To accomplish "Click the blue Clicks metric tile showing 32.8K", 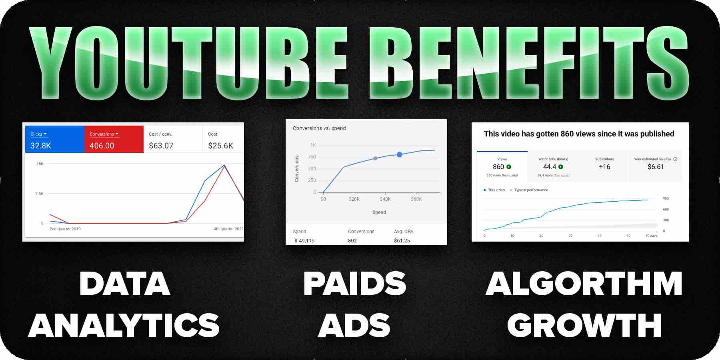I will (x=54, y=139).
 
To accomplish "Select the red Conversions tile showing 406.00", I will (x=114, y=139).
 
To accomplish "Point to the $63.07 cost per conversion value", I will (x=161, y=146).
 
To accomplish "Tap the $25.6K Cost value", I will (x=220, y=146).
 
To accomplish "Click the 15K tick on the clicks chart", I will (x=40, y=164).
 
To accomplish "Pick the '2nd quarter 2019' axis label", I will (x=65, y=229).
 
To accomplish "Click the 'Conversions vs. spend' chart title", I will (x=319, y=128).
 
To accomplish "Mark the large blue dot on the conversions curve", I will (x=399, y=154).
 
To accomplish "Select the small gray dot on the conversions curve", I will (x=375, y=158).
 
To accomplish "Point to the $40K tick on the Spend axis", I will (x=385, y=199).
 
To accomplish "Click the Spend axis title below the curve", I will (x=379, y=212).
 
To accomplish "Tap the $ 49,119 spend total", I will (x=304, y=241).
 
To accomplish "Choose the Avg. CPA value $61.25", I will (x=402, y=241).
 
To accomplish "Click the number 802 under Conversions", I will (x=352, y=241).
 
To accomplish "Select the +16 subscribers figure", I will (x=604, y=167).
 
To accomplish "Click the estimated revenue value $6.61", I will (x=656, y=167).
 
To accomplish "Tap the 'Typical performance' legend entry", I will (x=531, y=190).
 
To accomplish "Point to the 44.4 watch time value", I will (x=550, y=167).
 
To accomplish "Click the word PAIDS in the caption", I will (x=355, y=284).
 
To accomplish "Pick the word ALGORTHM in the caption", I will (x=584, y=284).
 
